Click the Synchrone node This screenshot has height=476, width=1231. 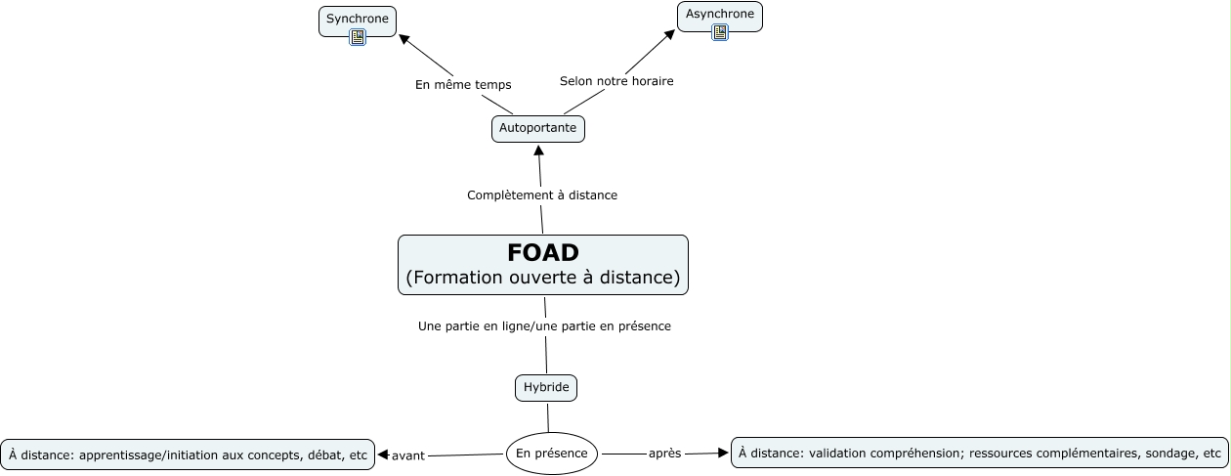click(x=357, y=19)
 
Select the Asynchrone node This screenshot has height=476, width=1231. click(x=719, y=15)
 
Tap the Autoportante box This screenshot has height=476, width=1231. click(x=537, y=128)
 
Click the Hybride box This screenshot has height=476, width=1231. click(x=546, y=388)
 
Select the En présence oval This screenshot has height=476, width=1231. click(x=551, y=454)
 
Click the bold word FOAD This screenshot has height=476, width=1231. click(x=542, y=252)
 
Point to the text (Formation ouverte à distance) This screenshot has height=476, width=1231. click(x=542, y=278)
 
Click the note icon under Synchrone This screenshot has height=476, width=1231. click(x=358, y=37)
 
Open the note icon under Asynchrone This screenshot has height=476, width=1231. click(x=720, y=32)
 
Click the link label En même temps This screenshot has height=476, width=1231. click(x=463, y=85)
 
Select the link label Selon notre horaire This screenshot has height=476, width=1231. click(x=616, y=81)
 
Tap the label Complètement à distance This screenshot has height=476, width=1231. click(x=542, y=195)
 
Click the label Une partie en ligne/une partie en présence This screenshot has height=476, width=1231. click(x=544, y=326)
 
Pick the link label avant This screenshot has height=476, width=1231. click(x=408, y=455)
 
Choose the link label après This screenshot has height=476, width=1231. click(x=664, y=454)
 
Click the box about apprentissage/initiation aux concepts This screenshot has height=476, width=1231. click(x=188, y=454)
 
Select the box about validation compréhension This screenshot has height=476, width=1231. click(x=980, y=453)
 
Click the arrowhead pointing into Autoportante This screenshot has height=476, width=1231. click(x=537, y=150)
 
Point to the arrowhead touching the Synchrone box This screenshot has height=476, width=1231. click(x=404, y=40)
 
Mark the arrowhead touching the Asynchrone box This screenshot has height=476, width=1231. click(x=670, y=34)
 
